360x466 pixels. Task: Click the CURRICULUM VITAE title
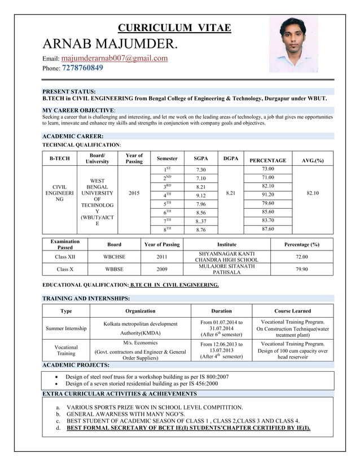[174, 28]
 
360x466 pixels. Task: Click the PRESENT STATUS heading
[69, 91]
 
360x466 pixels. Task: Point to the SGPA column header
[201, 159]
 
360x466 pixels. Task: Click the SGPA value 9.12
[201, 195]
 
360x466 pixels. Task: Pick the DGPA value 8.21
[231, 193]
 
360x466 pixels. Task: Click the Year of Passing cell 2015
[134, 193]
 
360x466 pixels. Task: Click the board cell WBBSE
[114, 269]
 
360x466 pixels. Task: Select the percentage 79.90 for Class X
[301, 269]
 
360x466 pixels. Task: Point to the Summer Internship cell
[66, 328]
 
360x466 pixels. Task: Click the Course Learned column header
[292, 310]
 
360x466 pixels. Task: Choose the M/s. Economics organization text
[141, 342]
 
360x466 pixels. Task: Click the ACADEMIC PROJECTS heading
[77, 365]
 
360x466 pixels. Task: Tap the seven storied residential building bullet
[142, 384]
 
